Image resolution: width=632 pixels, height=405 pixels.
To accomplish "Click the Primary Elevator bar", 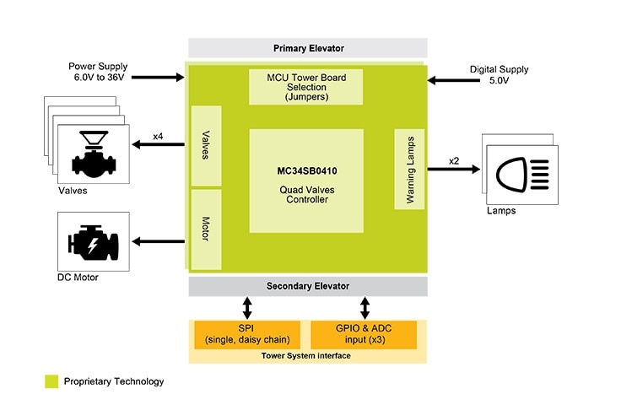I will (x=308, y=48).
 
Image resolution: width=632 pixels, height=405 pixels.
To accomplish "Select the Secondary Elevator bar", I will (x=308, y=286).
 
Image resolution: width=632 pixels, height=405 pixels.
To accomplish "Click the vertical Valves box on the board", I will (x=206, y=145).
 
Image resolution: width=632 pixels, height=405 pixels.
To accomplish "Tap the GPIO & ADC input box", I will (x=364, y=335).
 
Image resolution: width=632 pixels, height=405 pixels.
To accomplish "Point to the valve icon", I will (x=94, y=152).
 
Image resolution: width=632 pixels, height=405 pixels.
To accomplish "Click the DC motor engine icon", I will (x=93, y=242).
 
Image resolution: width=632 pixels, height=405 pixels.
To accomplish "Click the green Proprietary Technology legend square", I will (x=51, y=381).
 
